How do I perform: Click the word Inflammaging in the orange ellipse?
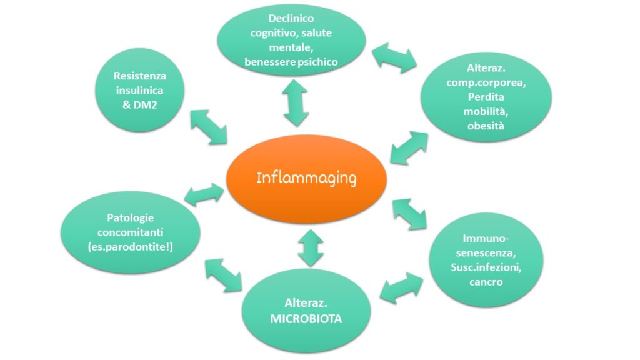pos(306,178)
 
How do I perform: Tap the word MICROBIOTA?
pos(306,319)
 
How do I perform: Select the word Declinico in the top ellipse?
pos(291,18)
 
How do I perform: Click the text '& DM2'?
pos(140,105)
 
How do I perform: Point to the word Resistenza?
pos(140,76)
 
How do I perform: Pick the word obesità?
pos(486,126)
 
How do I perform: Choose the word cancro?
pos(486,282)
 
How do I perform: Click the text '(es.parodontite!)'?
pos(130,247)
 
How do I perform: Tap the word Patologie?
pos(130,218)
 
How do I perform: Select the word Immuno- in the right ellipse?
pos(486,238)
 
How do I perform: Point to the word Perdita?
pos(486,97)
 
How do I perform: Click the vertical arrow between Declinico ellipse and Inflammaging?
pos(296,103)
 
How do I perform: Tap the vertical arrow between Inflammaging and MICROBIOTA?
pos(311,248)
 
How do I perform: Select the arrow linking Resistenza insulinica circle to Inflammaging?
pos(209,127)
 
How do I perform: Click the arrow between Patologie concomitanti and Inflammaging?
pos(204,194)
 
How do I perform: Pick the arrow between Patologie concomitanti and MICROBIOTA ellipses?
pos(223,276)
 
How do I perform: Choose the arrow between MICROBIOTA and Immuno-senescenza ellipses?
pos(401,288)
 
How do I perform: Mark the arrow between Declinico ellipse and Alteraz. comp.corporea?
pos(394,58)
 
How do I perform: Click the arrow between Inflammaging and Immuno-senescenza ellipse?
pos(409,214)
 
